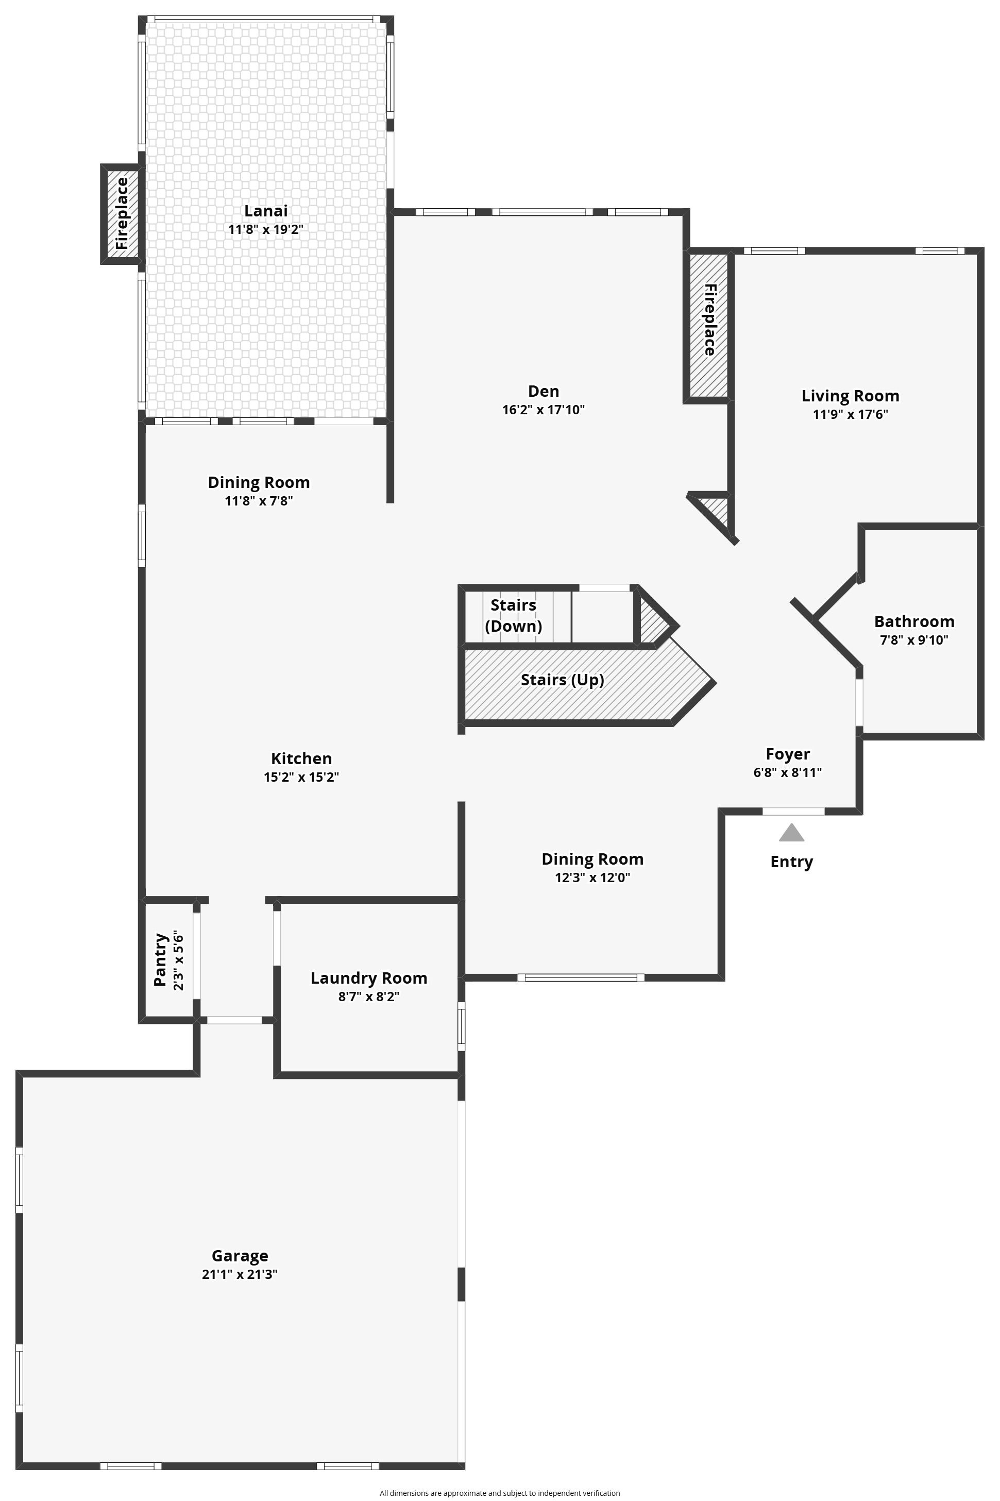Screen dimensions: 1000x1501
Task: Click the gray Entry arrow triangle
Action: pos(791,833)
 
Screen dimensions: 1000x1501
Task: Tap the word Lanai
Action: pos(266,211)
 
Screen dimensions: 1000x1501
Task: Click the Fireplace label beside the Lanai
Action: pos(122,214)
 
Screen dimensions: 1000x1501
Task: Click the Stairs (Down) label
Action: pos(513,615)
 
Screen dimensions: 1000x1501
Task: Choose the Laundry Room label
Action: pos(368,978)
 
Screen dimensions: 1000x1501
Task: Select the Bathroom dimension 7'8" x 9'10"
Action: pos(914,640)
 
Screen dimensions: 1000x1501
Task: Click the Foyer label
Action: pos(788,754)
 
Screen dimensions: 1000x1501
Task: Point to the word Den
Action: pos(544,391)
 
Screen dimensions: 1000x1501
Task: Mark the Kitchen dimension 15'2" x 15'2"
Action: pos(301,777)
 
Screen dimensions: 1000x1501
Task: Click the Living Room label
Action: pos(850,396)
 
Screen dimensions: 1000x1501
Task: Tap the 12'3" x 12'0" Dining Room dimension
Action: pos(592,878)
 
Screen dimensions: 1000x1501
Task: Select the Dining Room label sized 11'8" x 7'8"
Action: pos(259,482)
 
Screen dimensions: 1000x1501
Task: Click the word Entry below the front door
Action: pos(791,862)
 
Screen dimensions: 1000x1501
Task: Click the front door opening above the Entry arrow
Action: pos(793,812)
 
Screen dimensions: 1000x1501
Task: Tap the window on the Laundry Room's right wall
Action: pos(462,1026)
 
